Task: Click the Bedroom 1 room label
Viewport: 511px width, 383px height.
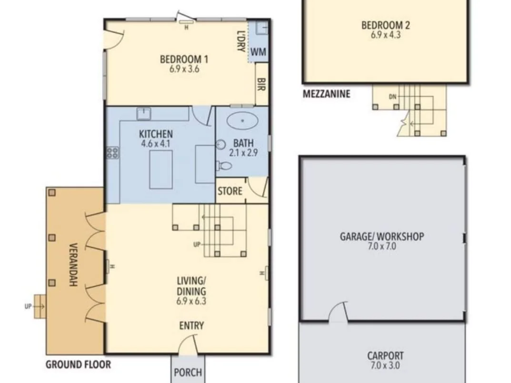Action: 184,60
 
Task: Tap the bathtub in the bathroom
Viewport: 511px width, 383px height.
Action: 242,121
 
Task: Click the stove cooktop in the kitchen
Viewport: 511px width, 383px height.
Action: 112,152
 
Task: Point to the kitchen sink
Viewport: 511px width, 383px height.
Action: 144,114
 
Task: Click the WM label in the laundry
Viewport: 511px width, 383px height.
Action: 259,52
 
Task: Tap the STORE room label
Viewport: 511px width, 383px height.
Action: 230,191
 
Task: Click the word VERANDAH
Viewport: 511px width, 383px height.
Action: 73,265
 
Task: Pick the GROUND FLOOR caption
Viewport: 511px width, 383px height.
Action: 78,364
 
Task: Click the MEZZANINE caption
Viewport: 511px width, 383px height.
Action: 327,94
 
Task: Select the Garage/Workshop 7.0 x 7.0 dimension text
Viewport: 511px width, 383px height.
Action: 382,246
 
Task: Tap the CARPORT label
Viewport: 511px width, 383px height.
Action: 386,356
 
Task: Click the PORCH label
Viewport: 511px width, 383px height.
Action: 188,372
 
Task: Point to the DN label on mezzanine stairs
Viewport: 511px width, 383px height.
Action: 393,97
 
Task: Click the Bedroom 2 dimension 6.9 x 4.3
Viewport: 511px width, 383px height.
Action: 386,35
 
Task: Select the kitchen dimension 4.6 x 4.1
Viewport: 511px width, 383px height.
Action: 155,143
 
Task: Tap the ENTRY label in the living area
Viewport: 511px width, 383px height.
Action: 191,326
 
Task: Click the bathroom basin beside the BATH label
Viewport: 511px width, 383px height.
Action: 221,144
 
